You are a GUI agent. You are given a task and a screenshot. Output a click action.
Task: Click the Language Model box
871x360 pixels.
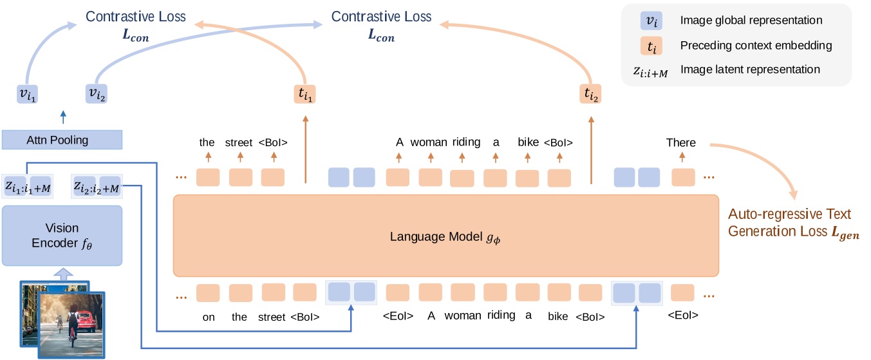point(445,236)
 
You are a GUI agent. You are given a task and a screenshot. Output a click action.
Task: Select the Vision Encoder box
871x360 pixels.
point(62,236)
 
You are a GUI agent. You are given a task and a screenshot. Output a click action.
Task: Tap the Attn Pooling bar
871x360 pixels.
point(62,140)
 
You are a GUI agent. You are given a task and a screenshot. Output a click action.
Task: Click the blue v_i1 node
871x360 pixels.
point(27,95)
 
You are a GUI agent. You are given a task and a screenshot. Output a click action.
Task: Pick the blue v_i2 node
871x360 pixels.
point(96,95)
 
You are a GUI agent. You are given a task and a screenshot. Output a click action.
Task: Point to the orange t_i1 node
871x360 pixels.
point(306,95)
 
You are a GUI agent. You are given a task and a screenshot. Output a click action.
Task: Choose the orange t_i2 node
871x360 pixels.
point(590,95)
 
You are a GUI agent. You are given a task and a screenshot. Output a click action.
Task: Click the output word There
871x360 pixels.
point(681,142)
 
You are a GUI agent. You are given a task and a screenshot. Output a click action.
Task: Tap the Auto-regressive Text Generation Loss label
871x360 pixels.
point(793,223)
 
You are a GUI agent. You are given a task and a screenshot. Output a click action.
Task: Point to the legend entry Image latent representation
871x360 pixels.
point(749,70)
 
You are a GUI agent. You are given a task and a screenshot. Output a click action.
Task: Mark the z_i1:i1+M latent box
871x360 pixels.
point(27,187)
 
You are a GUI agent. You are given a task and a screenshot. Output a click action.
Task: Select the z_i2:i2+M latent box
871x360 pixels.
point(97,187)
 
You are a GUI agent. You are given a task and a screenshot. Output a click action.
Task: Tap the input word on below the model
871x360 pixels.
point(208,317)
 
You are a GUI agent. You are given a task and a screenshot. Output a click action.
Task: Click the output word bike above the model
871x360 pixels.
point(528,142)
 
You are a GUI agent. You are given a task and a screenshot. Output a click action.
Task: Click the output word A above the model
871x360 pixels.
point(399,142)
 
